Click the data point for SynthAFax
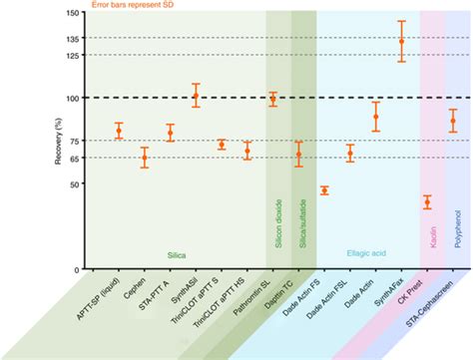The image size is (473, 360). [402, 42]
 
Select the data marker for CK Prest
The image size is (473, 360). [427, 202]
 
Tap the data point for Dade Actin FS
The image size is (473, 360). [324, 190]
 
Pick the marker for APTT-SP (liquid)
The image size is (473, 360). [119, 131]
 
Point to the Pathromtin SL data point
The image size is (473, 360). [273, 100]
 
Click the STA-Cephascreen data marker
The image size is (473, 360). [453, 121]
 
